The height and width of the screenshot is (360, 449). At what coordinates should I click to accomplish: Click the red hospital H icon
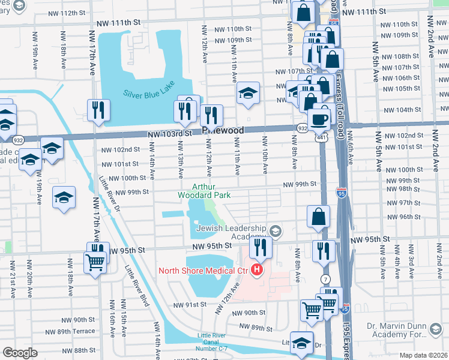tap(257, 271)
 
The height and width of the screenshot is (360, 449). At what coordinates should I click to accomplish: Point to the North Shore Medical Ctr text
tap(203, 271)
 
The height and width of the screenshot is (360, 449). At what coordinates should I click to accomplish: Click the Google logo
tap(20, 353)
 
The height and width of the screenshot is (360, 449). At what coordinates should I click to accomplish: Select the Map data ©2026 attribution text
tap(423, 355)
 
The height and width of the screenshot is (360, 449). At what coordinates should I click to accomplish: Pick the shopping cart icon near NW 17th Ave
tap(95, 262)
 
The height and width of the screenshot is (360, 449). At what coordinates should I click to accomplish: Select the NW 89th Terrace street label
tap(76, 331)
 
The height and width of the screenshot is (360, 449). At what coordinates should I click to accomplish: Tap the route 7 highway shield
tap(325, 279)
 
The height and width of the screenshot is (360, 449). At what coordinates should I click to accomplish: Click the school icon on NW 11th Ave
tap(247, 93)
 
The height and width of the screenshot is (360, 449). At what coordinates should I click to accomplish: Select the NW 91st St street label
tap(190, 305)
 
